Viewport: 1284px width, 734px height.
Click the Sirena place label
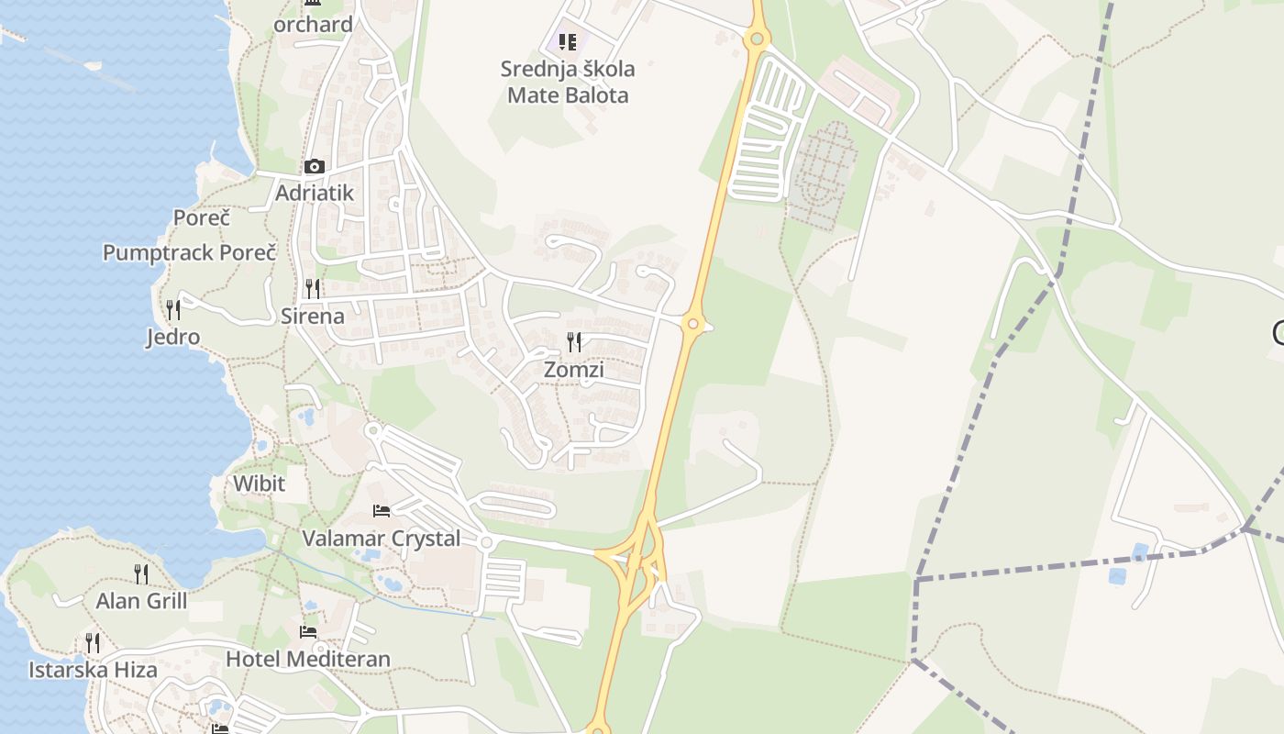[313, 317]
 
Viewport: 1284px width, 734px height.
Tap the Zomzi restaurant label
[574, 370]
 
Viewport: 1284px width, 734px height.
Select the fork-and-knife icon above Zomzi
[574, 342]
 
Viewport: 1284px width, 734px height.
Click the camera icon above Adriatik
[315, 166]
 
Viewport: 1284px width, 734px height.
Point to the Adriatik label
[315, 194]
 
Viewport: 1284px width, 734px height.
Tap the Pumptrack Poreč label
[189, 252]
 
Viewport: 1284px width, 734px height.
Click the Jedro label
[173, 337]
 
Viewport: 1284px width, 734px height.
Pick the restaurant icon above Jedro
[173, 309]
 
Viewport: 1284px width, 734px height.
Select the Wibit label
[259, 484]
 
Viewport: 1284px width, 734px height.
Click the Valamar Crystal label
[382, 539]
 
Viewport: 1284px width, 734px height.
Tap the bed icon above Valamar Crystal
[382, 510]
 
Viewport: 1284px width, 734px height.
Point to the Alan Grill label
[141, 601]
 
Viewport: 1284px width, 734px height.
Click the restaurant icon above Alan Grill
[141, 573]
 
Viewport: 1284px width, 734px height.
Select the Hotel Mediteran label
[308, 659]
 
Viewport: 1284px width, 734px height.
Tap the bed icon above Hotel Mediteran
[308, 631]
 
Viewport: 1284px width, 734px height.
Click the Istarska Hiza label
[93, 670]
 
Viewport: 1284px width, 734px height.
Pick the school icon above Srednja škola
[568, 41]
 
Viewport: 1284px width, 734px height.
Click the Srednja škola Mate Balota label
[568, 82]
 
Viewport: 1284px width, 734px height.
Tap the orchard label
[314, 25]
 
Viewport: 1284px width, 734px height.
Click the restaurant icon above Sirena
[313, 289]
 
